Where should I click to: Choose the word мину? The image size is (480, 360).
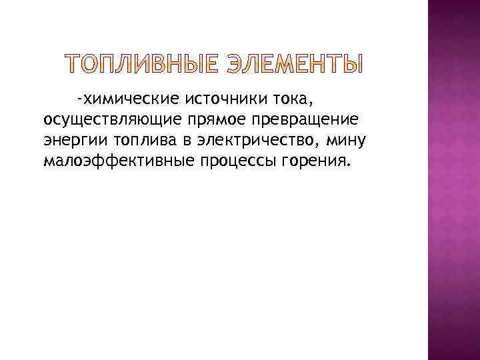pos(347,141)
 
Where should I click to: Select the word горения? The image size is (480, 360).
pos(311,161)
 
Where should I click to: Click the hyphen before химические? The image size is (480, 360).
pos(79,100)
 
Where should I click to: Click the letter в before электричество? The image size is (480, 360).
pos(177,141)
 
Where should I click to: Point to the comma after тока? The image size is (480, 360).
pos(310,104)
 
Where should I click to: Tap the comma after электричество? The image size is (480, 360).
pos(316,145)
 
